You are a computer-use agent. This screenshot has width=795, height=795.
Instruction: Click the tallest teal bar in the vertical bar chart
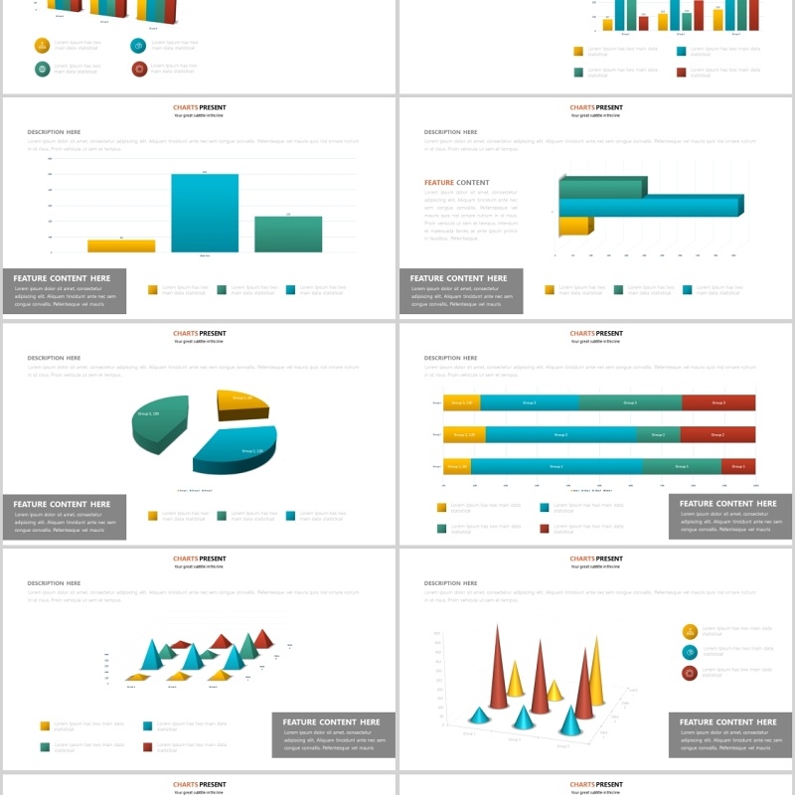coord(205,213)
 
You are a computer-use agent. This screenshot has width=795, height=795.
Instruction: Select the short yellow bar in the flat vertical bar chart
coord(121,245)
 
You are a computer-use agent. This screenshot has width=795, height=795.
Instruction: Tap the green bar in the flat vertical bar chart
coord(288,234)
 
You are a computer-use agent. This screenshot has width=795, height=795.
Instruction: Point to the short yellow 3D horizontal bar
coord(575,226)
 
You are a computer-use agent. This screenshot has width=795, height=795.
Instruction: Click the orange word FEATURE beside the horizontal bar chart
coord(438,183)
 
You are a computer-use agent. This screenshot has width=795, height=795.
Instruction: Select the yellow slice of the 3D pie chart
coord(242,402)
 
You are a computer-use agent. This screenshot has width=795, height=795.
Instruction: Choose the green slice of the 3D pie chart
coord(159,422)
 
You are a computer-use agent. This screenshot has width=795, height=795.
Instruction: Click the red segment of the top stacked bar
coord(718,402)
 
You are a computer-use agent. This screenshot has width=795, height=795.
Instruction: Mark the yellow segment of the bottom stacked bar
coord(457,466)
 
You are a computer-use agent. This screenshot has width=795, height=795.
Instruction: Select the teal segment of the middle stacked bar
coord(560,434)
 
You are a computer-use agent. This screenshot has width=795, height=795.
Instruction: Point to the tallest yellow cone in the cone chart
coord(596,671)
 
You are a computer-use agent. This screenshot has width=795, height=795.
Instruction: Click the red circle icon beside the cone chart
coord(690,673)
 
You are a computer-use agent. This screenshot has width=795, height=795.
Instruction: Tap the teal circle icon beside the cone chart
coord(690,652)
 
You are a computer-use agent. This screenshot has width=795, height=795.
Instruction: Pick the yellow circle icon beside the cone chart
coord(690,631)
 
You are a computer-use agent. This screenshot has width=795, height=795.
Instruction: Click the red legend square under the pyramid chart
coord(147,746)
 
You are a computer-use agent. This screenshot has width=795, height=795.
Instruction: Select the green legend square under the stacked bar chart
coord(441,528)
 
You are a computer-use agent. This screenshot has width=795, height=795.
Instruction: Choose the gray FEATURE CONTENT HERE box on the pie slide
coord(65,517)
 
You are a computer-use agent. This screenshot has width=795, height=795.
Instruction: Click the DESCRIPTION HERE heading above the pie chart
coord(54,358)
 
